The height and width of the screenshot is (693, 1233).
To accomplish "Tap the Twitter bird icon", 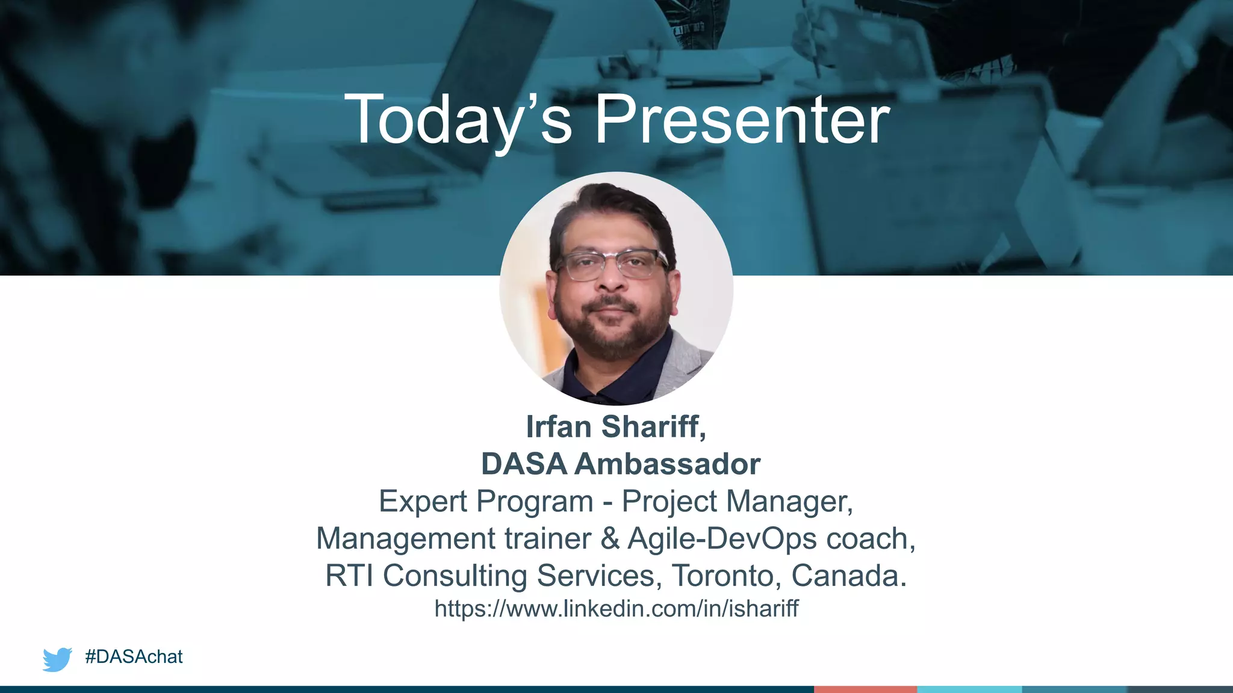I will coord(57,659).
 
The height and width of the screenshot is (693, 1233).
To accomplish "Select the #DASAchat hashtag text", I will coord(134,656).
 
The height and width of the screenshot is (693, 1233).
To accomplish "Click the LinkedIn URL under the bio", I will coord(616,609).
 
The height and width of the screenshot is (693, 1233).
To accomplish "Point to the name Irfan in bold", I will coord(559,427).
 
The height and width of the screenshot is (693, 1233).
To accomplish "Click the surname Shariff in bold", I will coord(653,427).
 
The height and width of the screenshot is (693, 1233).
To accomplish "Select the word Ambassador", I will coord(668,464).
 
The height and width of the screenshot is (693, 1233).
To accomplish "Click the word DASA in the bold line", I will coord(524,464).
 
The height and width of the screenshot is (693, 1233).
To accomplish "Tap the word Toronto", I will coord(722,575).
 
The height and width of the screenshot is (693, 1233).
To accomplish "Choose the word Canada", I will coord(848,575).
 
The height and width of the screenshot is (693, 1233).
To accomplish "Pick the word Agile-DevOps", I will coord(722,538).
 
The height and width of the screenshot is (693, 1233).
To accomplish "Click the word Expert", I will coord(423,501).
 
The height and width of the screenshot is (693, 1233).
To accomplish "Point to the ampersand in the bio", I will coord(610,538).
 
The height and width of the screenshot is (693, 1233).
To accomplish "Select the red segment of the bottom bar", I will coord(865,689).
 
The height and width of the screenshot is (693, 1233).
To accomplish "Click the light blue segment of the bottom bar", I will coord(969,689).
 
